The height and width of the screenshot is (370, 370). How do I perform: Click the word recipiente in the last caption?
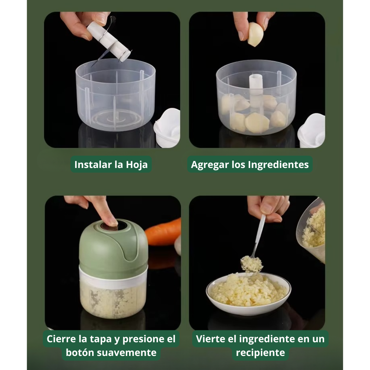tap(260, 352)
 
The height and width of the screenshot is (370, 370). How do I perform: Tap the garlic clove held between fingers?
tap(255, 34)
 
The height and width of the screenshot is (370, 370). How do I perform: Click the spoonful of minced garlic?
tap(252, 263)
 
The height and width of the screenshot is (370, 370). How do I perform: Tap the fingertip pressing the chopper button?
tap(110, 221)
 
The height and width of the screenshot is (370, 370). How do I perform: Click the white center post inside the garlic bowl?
tap(256, 85)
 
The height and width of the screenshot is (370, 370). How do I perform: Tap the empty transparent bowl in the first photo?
tap(115, 96)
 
